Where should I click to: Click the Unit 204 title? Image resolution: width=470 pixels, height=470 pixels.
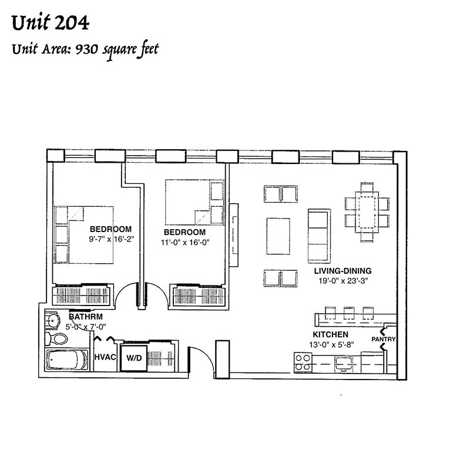tap(51, 23)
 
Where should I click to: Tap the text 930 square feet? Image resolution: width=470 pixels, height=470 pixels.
tap(117, 50)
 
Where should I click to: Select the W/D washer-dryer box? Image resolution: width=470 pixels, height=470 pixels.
tap(134, 358)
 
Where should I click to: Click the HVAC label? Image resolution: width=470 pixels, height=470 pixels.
tap(105, 357)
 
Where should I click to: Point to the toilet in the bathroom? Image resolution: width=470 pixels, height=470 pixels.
tap(56, 339)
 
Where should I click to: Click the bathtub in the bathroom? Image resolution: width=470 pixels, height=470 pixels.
tap(66, 360)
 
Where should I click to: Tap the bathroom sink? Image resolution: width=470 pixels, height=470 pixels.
tap(52, 320)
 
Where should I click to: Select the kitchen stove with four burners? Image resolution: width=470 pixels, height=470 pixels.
tap(303, 362)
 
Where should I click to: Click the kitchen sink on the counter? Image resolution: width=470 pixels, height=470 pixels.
tap(344, 363)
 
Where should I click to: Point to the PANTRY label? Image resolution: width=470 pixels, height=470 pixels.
tap(384, 340)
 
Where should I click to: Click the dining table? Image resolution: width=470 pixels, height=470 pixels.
tap(367, 212)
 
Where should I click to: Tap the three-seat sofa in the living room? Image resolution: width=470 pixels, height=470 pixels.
tap(319, 236)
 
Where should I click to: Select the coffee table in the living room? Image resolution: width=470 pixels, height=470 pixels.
tap(278, 236)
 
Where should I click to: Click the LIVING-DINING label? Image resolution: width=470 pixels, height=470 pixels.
tap(343, 271)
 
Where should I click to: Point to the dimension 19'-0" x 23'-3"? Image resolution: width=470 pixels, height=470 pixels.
tap(343, 281)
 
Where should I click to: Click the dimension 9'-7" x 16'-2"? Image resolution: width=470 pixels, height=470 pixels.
tap(111, 239)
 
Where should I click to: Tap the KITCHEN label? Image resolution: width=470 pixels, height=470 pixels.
tap(330, 334)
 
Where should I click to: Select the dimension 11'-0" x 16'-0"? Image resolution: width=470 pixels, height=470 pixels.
tap(185, 242)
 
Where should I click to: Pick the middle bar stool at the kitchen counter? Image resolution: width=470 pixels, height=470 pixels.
tap(349, 313)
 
